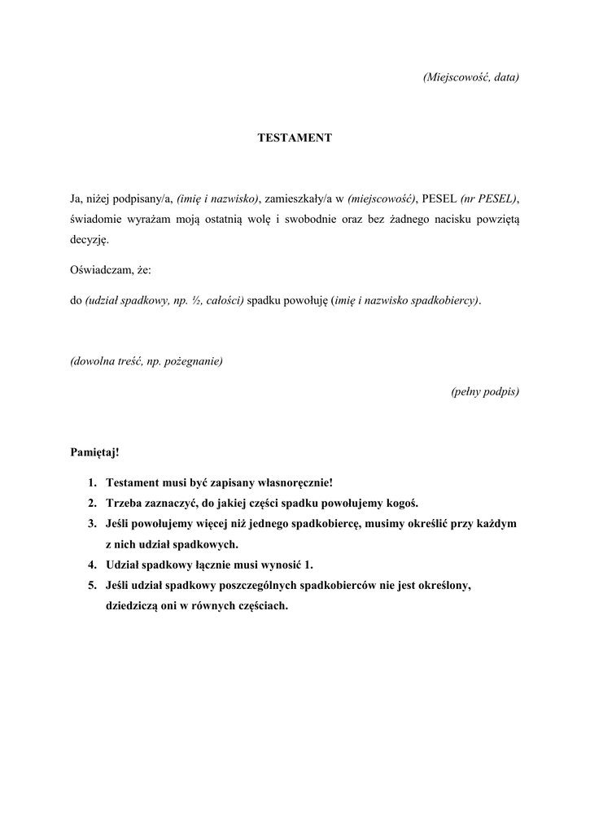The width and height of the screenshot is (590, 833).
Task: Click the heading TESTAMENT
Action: (x=295, y=138)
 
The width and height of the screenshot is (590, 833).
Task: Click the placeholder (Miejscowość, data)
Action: (x=471, y=77)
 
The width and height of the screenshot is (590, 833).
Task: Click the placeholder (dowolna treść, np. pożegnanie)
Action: (x=146, y=361)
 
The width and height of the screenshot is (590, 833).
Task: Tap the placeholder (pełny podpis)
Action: (x=485, y=391)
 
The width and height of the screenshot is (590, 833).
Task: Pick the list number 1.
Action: (x=93, y=482)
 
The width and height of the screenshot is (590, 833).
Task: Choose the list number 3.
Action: (x=93, y=523)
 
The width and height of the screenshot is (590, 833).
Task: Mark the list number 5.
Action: (x=93, y=585)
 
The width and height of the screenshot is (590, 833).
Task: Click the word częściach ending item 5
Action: (x=259, y=606)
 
